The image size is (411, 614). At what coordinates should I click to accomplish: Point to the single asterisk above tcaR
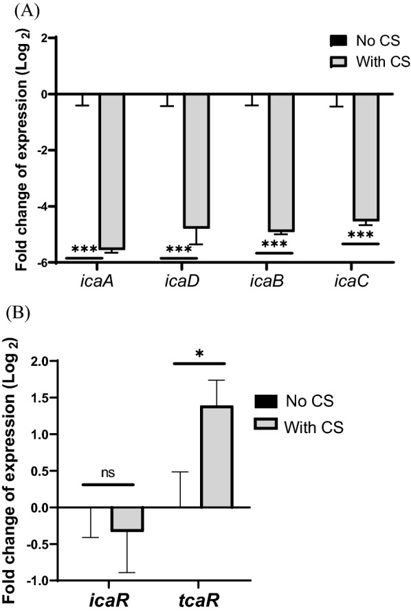(x=199, y=354)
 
